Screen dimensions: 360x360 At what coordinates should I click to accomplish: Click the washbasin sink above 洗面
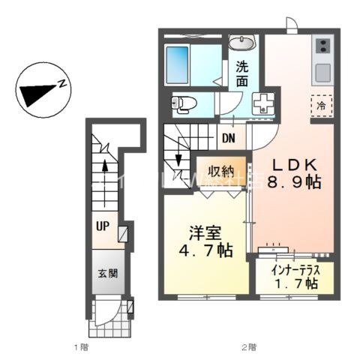click(242, 43)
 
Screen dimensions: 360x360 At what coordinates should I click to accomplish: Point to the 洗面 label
click(242, 72)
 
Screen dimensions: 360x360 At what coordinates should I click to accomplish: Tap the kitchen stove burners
click(324, 47)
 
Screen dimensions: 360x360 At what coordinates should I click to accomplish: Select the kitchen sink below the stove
click(324, 73)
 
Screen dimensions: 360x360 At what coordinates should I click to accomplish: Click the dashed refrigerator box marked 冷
click(320, 106)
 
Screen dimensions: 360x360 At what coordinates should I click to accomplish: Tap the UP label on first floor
click(102, 223)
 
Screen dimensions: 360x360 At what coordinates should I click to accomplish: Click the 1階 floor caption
click(81, 346)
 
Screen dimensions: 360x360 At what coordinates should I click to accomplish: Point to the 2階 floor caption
click(248, 346)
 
